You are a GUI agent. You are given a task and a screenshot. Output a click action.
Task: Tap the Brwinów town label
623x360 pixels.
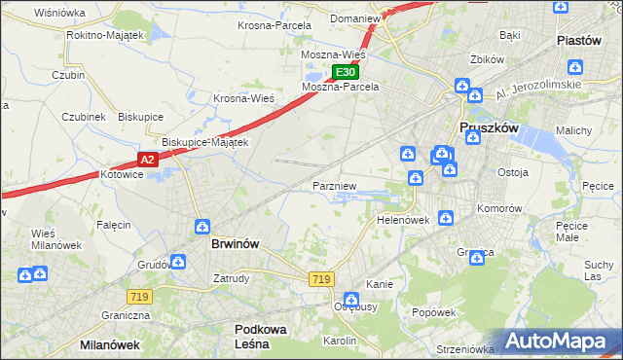[235, 244]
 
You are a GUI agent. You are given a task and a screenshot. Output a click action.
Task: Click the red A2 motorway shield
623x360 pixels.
[146, 160]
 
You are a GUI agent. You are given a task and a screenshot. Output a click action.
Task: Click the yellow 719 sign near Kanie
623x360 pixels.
[321, 279]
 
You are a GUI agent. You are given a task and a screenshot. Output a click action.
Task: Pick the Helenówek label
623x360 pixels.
[403, 220]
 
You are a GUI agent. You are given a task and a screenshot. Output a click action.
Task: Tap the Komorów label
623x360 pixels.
[499, 208]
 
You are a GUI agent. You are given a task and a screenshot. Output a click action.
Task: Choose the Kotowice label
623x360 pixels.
[122, 174]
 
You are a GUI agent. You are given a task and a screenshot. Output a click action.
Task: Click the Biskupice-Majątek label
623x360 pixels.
[205, 141]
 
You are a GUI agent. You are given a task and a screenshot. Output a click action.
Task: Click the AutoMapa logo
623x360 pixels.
[559, 342]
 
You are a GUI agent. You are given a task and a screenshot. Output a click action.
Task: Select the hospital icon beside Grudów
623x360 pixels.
[178, 261]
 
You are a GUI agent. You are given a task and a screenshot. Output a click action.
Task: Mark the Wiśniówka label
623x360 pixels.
[59, 13]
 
